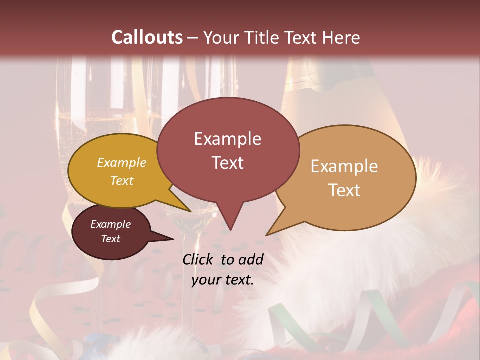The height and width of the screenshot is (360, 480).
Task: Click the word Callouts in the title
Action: [147, 37]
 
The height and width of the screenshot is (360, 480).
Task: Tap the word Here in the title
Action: [342, 37]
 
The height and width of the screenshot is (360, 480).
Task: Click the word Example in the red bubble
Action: [227, 139]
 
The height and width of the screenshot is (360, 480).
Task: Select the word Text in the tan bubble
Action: [344, 190]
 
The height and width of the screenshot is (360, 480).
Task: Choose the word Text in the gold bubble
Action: [122, 180]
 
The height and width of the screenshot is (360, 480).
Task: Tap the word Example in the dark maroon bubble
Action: [110, 224]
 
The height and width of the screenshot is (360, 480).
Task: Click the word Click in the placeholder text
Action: [199, 259]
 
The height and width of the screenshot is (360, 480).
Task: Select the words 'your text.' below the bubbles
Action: [223, 280]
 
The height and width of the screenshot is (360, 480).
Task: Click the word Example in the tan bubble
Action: [344, 166]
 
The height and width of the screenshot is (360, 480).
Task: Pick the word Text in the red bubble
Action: [227, 163]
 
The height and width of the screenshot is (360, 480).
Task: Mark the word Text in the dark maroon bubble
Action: [110, 239]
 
